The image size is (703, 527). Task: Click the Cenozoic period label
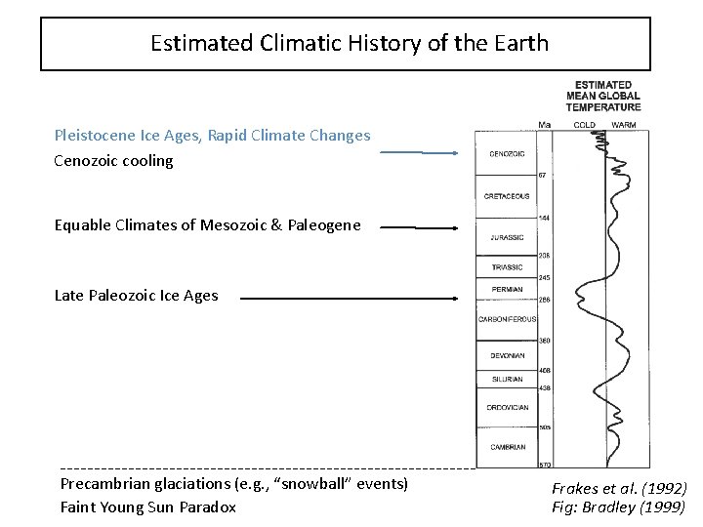click(x=501, y=154)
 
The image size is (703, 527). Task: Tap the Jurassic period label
click(x=501, y=237)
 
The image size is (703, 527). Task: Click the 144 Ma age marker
click(x=545, y=218)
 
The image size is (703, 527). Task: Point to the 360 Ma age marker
click(x=545, y=340)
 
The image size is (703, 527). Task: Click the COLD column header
click(x=584, y=124)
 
